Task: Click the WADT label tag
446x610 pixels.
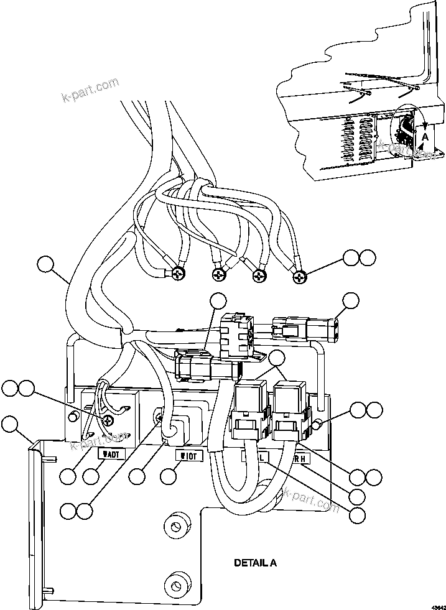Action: [x=113, y=454]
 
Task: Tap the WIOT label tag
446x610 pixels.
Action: [x=189, y=456]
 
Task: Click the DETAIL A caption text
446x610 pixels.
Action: [x=255, y=563]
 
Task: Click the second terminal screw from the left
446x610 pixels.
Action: [x=218, y=274]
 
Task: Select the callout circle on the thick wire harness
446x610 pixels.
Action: [x=45, y=264]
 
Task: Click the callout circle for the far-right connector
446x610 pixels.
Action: [x=351, y=300]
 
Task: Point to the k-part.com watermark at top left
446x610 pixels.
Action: [x=90, y=90]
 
